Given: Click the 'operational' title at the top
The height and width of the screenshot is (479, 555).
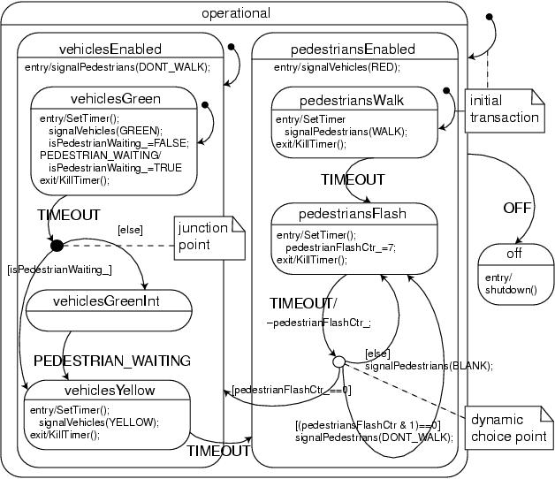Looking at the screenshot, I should click(x=235, y=13).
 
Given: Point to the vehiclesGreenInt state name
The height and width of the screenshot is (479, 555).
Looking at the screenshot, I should click(x=110, y=301).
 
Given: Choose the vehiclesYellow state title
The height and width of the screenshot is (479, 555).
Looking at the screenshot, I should click(x=110, y=390).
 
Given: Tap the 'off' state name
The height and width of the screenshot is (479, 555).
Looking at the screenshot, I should click(x=513, y=254).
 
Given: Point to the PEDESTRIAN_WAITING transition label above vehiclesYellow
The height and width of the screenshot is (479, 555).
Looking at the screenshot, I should click(x=112, y=360).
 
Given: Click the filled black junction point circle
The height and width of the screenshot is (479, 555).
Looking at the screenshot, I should click(x=57, y=244).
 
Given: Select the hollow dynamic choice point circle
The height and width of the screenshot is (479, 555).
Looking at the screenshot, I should click(x=338, y=361).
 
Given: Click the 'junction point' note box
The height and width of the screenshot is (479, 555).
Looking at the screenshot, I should click(x=209, y=236).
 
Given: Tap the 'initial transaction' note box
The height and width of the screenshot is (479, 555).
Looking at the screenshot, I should click(x=503, y=109).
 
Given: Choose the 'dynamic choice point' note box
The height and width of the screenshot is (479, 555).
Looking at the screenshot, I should click(x=521, y=427).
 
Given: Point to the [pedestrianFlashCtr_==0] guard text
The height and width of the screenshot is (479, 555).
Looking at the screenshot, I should click(x=292, y=389).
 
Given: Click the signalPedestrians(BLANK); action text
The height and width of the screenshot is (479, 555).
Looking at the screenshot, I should click(x=429, y=365).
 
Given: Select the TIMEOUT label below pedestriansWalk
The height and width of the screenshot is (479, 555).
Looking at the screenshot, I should click(x=353, y=179).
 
